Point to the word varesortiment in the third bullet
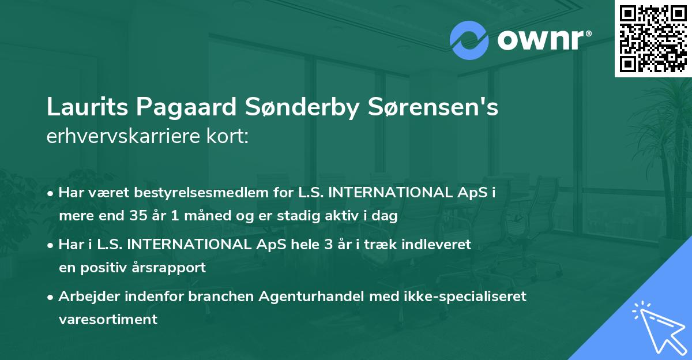[108, 320]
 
